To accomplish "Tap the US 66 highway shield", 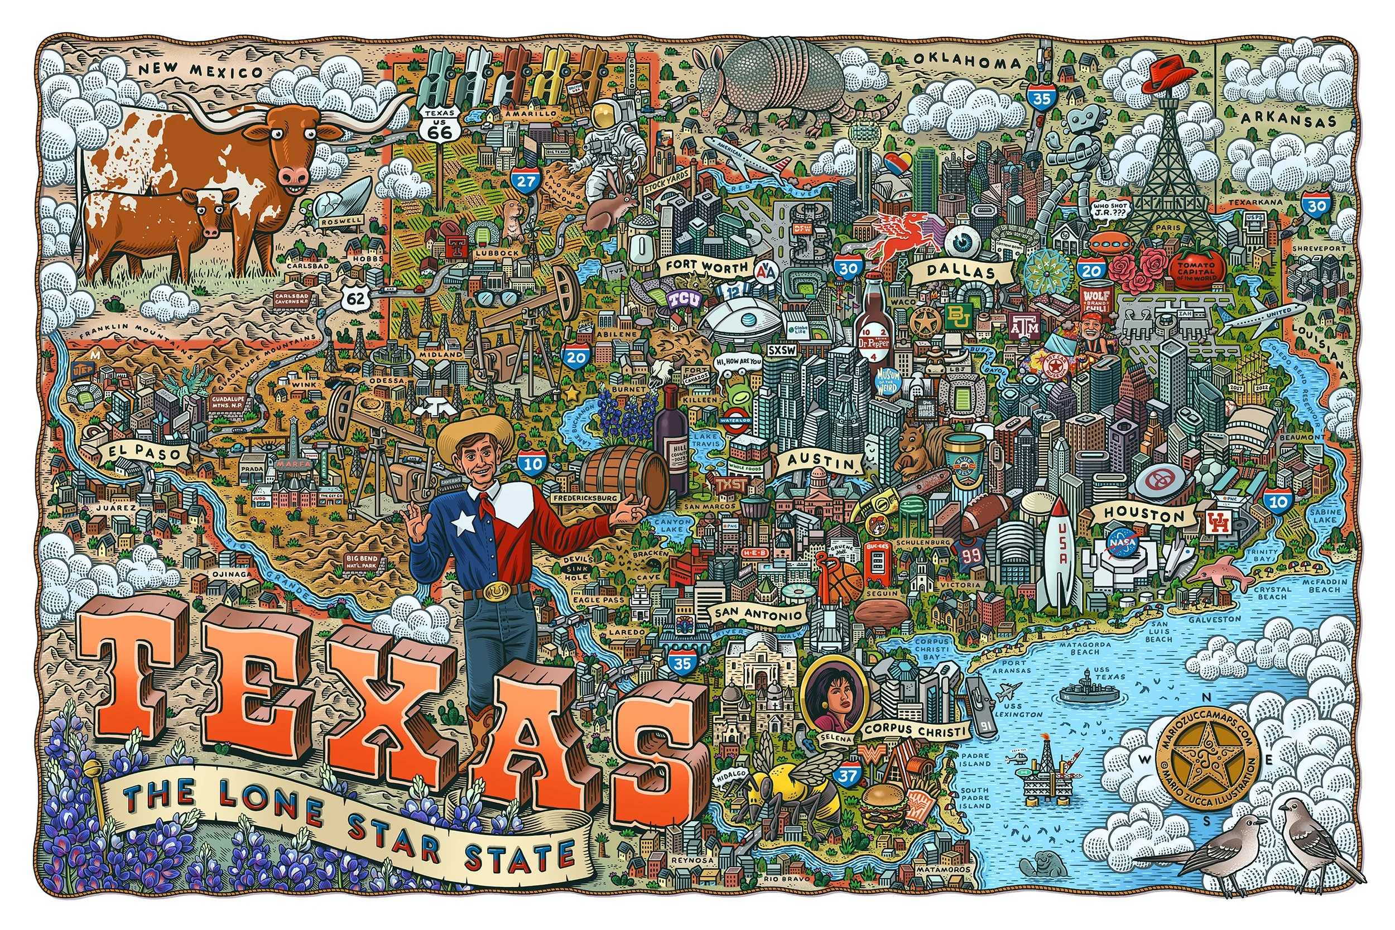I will point(440,125).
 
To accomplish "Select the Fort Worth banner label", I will point(705,265).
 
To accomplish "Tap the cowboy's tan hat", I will point(475,431).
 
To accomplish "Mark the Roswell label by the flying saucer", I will point(341,220).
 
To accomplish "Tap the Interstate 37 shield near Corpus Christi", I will point(848,774).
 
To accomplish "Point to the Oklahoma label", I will point(968,60).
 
